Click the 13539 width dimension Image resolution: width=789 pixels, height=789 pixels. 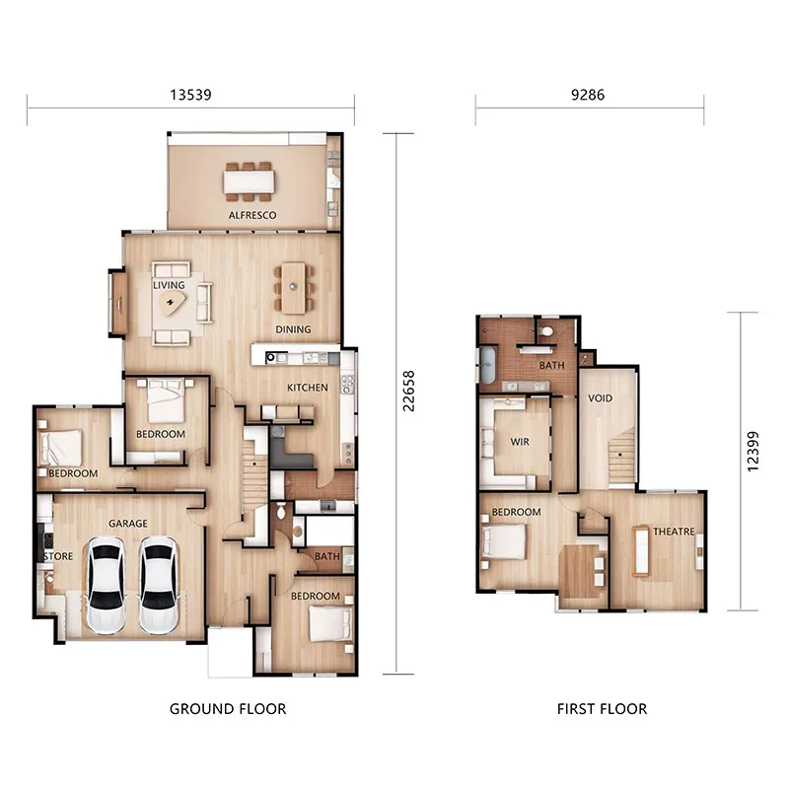[191, 96]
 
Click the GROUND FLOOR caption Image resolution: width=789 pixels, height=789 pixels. [228, 708]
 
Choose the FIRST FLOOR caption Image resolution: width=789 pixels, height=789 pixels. [602, 708]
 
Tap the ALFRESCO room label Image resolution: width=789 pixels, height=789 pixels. [252, 215]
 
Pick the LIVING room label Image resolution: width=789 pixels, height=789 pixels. [169, 286]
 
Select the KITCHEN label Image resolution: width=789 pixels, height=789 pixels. [307, 388]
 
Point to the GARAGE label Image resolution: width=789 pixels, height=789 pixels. [127, 524]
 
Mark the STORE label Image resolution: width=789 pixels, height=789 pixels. [58, 556]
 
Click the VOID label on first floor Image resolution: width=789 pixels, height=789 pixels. [600, 398]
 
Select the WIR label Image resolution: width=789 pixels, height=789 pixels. [520, 442]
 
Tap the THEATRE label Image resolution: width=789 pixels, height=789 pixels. [674, 532]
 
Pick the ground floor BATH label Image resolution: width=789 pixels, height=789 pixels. [327, 557]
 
